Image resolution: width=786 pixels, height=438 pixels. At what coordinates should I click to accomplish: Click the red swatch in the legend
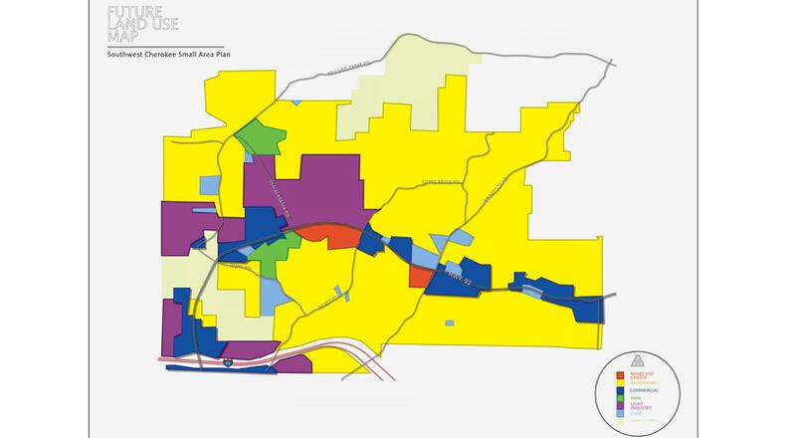click(x=620, y=376)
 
